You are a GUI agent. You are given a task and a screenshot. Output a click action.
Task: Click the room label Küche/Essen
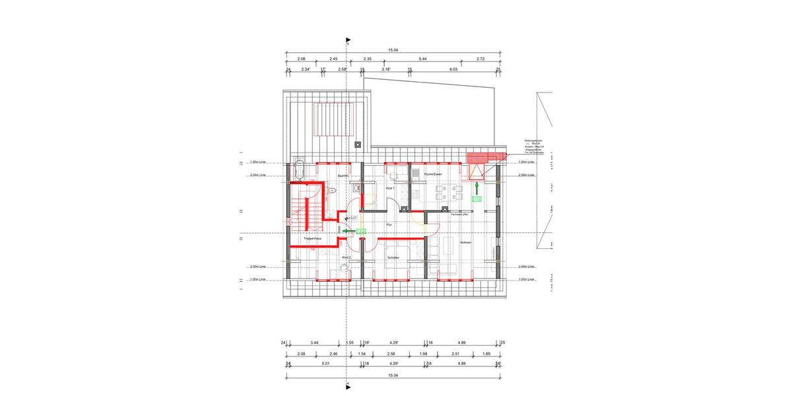[433, 174]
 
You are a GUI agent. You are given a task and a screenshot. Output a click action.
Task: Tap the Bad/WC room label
[343, 176]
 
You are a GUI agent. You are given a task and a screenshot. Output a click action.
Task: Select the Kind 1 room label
[389, 189]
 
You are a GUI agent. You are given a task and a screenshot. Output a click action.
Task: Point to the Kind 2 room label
[345, 257]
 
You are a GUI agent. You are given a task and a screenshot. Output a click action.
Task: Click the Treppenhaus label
[312, 238]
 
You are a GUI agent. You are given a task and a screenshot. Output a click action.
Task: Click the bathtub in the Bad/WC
[300, 170]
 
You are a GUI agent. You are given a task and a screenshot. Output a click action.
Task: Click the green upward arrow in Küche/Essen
[476, 189]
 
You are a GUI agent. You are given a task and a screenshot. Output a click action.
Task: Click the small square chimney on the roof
[358, 143]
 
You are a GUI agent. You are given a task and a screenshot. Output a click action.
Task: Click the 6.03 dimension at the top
[453, 69]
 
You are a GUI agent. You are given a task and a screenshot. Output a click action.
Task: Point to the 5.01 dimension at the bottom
[325, 363]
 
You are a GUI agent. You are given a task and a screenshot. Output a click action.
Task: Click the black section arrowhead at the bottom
[347, 383]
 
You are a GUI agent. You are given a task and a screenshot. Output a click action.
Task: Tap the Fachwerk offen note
[460, 214]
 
